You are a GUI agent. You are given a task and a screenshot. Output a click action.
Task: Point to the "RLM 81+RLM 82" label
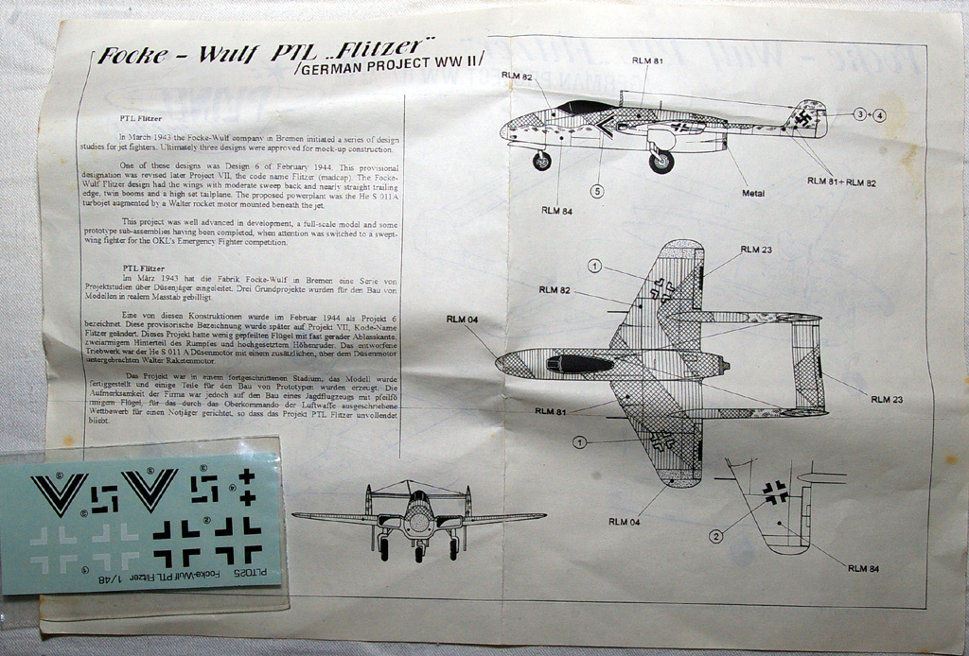[x=840, y=181]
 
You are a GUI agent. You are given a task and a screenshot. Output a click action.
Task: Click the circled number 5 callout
[x=597, y=190]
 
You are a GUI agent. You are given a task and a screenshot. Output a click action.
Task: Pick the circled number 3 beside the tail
[x=859, y=114]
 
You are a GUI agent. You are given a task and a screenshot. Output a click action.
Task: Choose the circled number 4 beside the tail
[x=879, y=114]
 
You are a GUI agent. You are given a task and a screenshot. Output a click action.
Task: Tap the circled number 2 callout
[x=716, y=537]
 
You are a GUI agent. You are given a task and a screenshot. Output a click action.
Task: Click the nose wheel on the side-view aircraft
[x=541, y=161]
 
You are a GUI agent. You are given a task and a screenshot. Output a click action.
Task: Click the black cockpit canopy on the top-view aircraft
[x=579, y=363]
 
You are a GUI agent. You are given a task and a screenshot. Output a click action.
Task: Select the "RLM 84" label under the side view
[x=556, y=210]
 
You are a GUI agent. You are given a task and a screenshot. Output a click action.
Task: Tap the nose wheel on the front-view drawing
[x=418, y=554]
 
